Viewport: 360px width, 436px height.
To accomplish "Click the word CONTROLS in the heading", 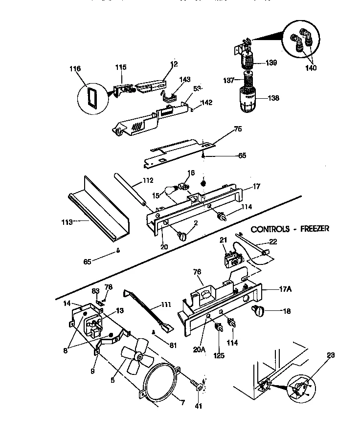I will pos(269,228).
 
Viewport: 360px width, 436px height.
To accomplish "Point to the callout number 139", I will pos(271,63).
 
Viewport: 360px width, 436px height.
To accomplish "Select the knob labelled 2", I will pos(183,236).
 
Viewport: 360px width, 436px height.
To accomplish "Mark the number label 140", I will pos(311,68).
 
